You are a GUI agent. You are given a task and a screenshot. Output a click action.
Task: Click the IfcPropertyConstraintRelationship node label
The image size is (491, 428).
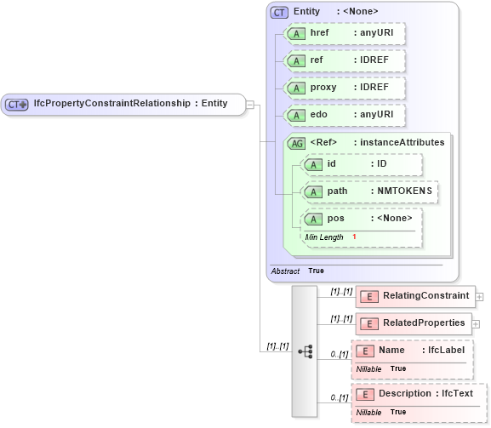tap(123, 104)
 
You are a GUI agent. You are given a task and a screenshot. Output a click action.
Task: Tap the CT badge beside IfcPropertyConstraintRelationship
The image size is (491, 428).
tap(17, 104)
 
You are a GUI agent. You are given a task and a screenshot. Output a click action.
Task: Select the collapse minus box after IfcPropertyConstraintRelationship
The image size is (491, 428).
tap(250, 104)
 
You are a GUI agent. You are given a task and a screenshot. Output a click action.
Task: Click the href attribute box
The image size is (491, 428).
tap(345, 33)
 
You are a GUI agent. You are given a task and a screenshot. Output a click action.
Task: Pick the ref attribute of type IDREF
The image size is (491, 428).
tap(345, 60)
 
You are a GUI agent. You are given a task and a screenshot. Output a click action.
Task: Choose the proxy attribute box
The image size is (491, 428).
tap(345, 88)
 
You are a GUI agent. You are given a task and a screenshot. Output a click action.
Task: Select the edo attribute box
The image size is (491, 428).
tap(345, 115)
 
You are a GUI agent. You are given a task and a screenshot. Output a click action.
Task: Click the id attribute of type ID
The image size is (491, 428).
tap(362, 164)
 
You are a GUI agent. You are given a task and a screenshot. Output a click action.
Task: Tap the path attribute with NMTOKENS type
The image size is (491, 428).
tap(370, 191)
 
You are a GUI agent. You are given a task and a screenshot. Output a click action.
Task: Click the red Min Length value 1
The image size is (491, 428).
tap(354, 237)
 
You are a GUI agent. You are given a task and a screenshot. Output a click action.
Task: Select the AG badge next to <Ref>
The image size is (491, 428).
tap(297, 143)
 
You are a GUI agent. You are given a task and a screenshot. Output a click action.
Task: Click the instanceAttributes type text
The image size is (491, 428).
tap(400, 143)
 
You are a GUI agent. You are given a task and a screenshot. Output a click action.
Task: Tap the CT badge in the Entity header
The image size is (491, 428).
tap(279, 12)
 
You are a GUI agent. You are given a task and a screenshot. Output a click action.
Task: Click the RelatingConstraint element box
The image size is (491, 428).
tap(415, 296)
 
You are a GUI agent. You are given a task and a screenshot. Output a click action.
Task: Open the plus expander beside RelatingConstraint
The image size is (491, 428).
tap(479, 297)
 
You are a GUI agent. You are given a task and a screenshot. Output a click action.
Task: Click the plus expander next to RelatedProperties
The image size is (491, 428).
tap(476, 324)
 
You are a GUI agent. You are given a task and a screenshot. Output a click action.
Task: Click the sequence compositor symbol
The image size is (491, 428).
tap(305, 350)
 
